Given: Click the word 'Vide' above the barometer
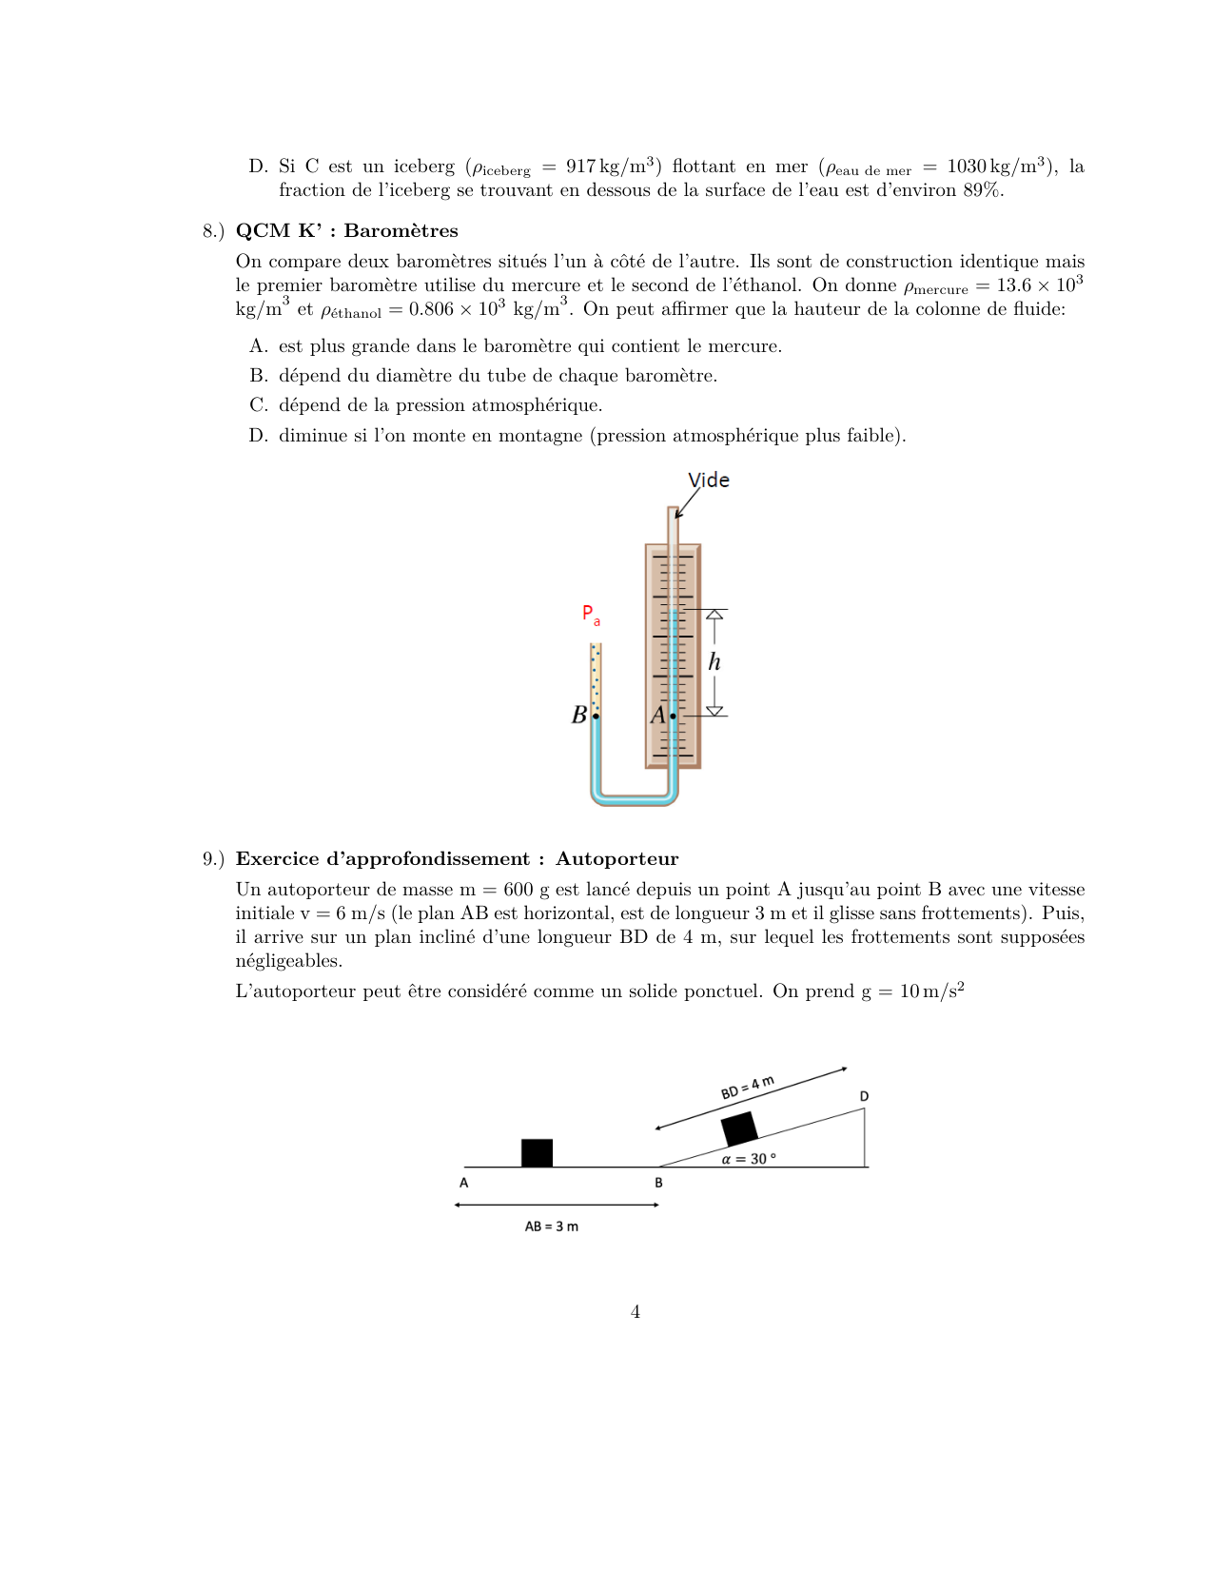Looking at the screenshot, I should point(709,480).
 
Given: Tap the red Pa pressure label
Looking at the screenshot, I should point(591,615).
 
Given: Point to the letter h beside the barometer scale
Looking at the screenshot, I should point(714,661).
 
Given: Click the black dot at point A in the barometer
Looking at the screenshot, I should point(673,716).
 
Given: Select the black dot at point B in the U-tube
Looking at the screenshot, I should point(596,716).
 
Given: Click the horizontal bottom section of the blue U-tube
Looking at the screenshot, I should point(634,797).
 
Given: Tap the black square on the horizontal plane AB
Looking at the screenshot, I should point(537,1152).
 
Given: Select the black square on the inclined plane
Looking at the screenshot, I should point(739,1128).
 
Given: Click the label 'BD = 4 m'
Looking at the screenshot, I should point(747,1088).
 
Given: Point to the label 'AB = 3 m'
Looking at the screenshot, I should point(551,1227).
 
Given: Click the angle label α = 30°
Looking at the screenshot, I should point(748,1159).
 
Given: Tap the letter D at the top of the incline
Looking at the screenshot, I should point(864,1096).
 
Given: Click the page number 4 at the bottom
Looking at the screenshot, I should point(635,1312).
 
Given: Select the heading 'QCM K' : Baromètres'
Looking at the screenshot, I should point(346,231).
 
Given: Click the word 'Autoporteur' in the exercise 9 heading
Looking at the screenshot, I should point(616,859).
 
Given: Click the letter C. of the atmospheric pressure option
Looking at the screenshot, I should point(259,405).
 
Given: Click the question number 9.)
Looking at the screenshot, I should point(213,859).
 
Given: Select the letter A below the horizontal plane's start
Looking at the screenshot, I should point(463,1183).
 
